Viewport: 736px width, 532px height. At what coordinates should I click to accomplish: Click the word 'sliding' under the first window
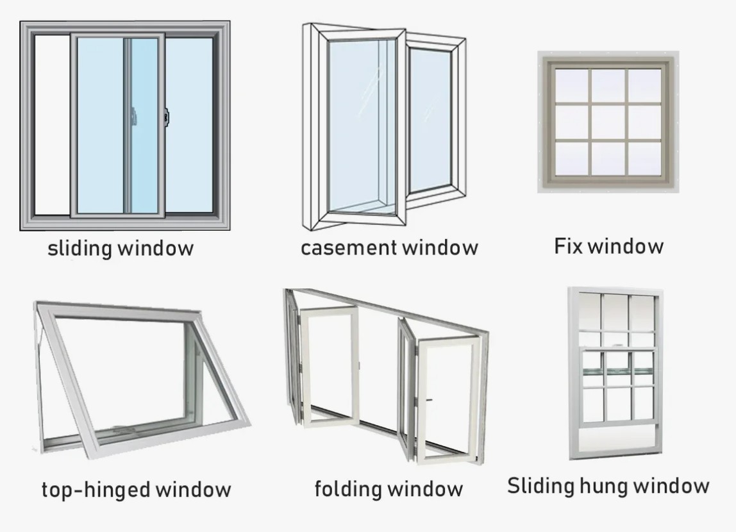coord(79,249)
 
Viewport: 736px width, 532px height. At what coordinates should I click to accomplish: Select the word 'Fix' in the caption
coord(567,245)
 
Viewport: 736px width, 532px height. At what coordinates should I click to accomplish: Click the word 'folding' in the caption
coord(347,489)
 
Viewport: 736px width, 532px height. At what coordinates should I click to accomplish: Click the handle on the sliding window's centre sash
coord(134,116)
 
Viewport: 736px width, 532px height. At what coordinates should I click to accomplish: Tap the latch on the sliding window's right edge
coord(167,116)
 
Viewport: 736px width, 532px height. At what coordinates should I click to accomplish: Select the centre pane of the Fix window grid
coord(608,122)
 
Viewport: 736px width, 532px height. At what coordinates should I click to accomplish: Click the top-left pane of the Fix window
coord(572,85)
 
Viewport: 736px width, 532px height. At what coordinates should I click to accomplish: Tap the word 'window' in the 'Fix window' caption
coord(627,245)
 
